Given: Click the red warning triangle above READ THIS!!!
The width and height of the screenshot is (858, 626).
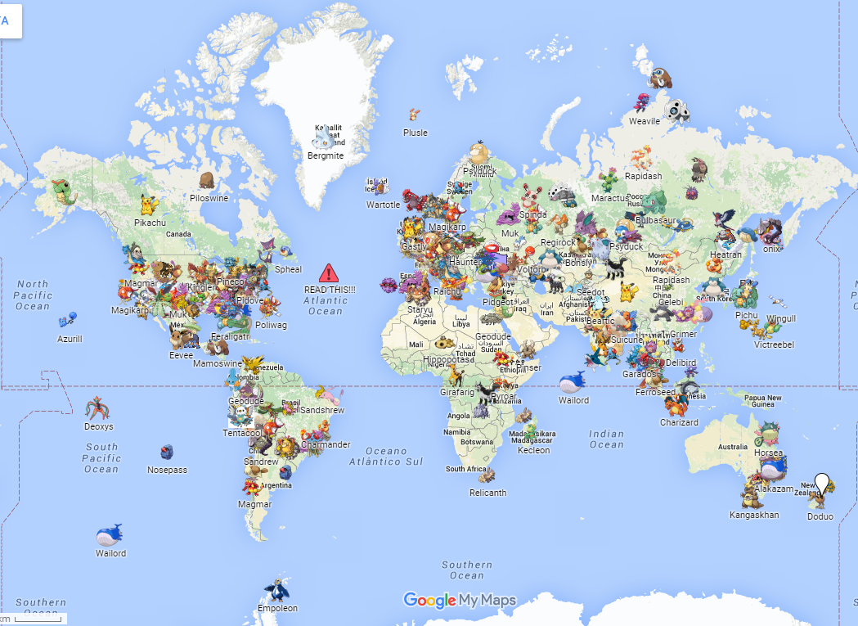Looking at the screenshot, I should pyautogui.click(x=329, y=273).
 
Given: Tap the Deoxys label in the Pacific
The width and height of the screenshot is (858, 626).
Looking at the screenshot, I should pyautogui.click(x=99, y=426).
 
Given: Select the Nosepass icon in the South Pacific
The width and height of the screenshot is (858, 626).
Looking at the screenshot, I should pyautogui.click(x=167, y=453).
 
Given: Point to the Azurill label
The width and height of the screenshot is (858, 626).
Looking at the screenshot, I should pyautogui.click(x=70, y=338).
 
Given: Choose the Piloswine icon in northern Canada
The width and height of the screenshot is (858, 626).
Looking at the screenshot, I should pyautogui.click(x=208, y=181).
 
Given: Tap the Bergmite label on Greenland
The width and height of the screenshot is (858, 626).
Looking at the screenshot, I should pyautogui.click(x=326, y=155).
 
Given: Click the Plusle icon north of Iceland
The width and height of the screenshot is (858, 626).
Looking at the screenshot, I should pyautogui.click(x=415, y=115).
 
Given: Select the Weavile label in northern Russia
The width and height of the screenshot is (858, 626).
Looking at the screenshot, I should pyautogui.click(x=645, y=121).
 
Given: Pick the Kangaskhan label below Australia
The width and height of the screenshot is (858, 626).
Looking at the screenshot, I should pyautogui.click(x=754, y=515).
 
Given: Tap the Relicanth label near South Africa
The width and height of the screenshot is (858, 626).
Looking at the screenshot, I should pyautogui.click(x=487, y=493).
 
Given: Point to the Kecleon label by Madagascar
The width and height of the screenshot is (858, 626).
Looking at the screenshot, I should pyautogui.click(x=534, y=450).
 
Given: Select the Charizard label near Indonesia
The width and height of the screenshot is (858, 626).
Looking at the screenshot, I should pyautogui.click(x=679, y=422).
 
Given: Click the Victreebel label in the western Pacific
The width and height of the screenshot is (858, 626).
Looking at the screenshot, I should pyautogui.click(x=774, y=345).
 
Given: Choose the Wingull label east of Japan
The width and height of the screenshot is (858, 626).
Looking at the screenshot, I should pyautogui.click(x=781, y=318).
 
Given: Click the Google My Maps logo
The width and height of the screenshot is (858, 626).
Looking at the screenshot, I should pyautogui.click(x=460, y=601).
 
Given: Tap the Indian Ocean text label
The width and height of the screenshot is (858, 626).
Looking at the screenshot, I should pyautogui.click(x=606, y=439).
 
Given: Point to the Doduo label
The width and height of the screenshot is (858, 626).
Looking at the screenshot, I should pyautogui.click(x=820, y=516).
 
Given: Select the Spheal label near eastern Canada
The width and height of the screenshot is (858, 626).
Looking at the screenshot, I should pyautogui.click(x=288, y=269).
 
